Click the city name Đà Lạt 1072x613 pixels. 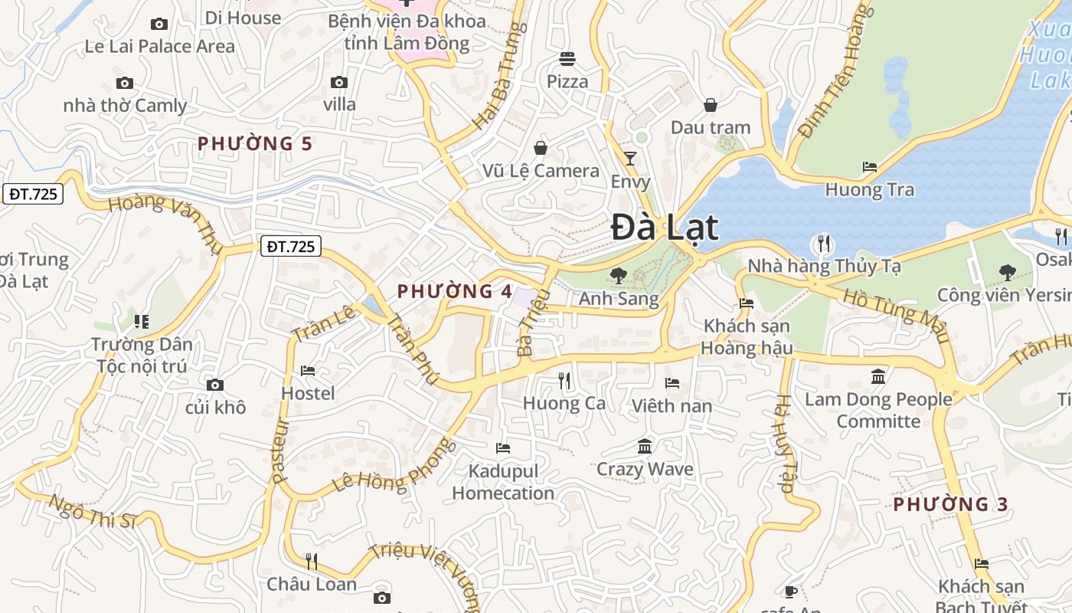click(x=665, y=228)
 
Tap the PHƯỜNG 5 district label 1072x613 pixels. click(x=255, y=143)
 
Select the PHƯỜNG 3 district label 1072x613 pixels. click(x=950, y=504)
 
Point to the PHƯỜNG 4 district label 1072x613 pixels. click(x=455, y=291)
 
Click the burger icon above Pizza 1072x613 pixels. click(x=567, y=59)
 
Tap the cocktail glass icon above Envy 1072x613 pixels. click(x=630, y=159)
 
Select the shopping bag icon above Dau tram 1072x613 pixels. click(x=711, y=105)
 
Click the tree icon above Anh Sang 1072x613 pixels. click(x=618, y=275)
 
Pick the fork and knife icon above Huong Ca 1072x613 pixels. click(x=564, y=380)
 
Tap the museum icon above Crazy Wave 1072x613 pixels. click(x=645, y=446)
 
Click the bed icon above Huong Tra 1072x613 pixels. click(x=869, y=166)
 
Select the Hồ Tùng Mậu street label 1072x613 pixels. click(x=896, y=316)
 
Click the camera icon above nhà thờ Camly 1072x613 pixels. click(x=124, y=83)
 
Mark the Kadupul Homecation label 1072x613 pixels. click(x=503, y=482)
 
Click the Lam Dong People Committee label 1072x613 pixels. click(x=878, y=410)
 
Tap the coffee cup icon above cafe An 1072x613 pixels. click(x=790, y=592)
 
